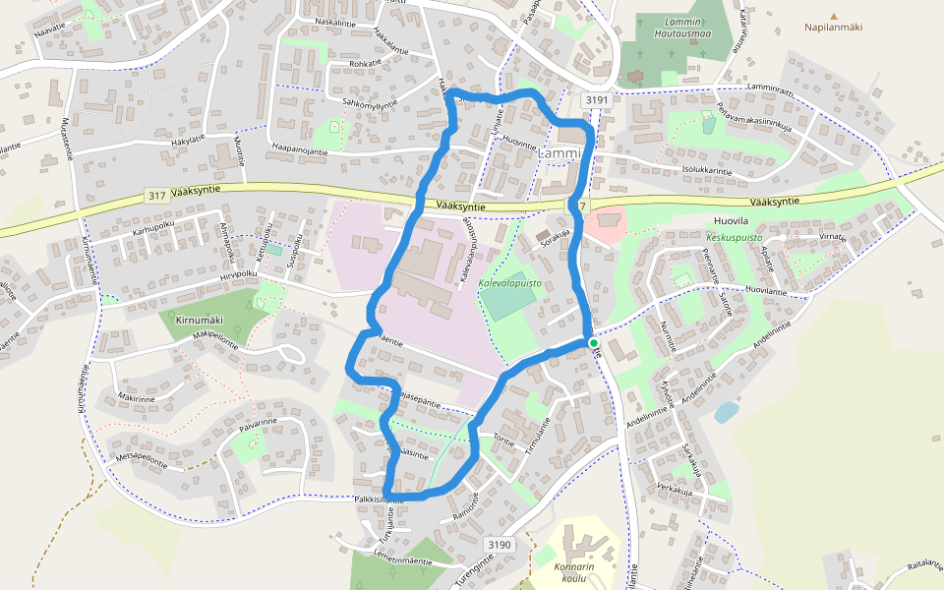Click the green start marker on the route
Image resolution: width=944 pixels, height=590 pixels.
point(594,342)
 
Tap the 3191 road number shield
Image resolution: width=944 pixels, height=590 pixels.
point(596,99)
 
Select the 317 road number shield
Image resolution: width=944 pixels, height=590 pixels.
point(156,196)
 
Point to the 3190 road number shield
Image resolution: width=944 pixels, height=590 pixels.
point(500,544)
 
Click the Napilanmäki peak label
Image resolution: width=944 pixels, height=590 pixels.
point(833,28)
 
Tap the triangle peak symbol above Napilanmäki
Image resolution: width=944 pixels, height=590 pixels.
point(834,16)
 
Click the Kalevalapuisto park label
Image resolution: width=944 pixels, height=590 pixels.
point(509,282)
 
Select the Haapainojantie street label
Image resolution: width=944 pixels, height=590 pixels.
point(312,147)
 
